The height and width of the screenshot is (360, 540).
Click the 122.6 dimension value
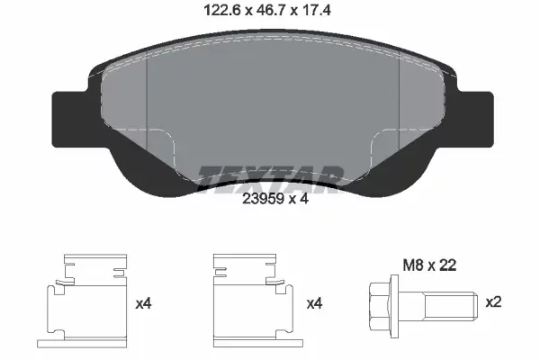pyautogui.click(x=222, y=10)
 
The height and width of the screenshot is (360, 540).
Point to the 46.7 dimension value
pyautogui.click(x=270, y=10)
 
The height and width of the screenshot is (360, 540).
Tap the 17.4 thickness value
pyautogui.click(x=316, y=10)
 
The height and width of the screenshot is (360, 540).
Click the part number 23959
pyautogui.click(x=263, y=199)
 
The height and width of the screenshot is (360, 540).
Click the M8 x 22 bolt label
pyautogui.click(x=429, y=265)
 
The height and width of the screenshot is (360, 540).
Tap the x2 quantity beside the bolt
pyautogui.click(x=493, y=302)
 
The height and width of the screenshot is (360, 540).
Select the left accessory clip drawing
pyautogui.click(x=82, y=301)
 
